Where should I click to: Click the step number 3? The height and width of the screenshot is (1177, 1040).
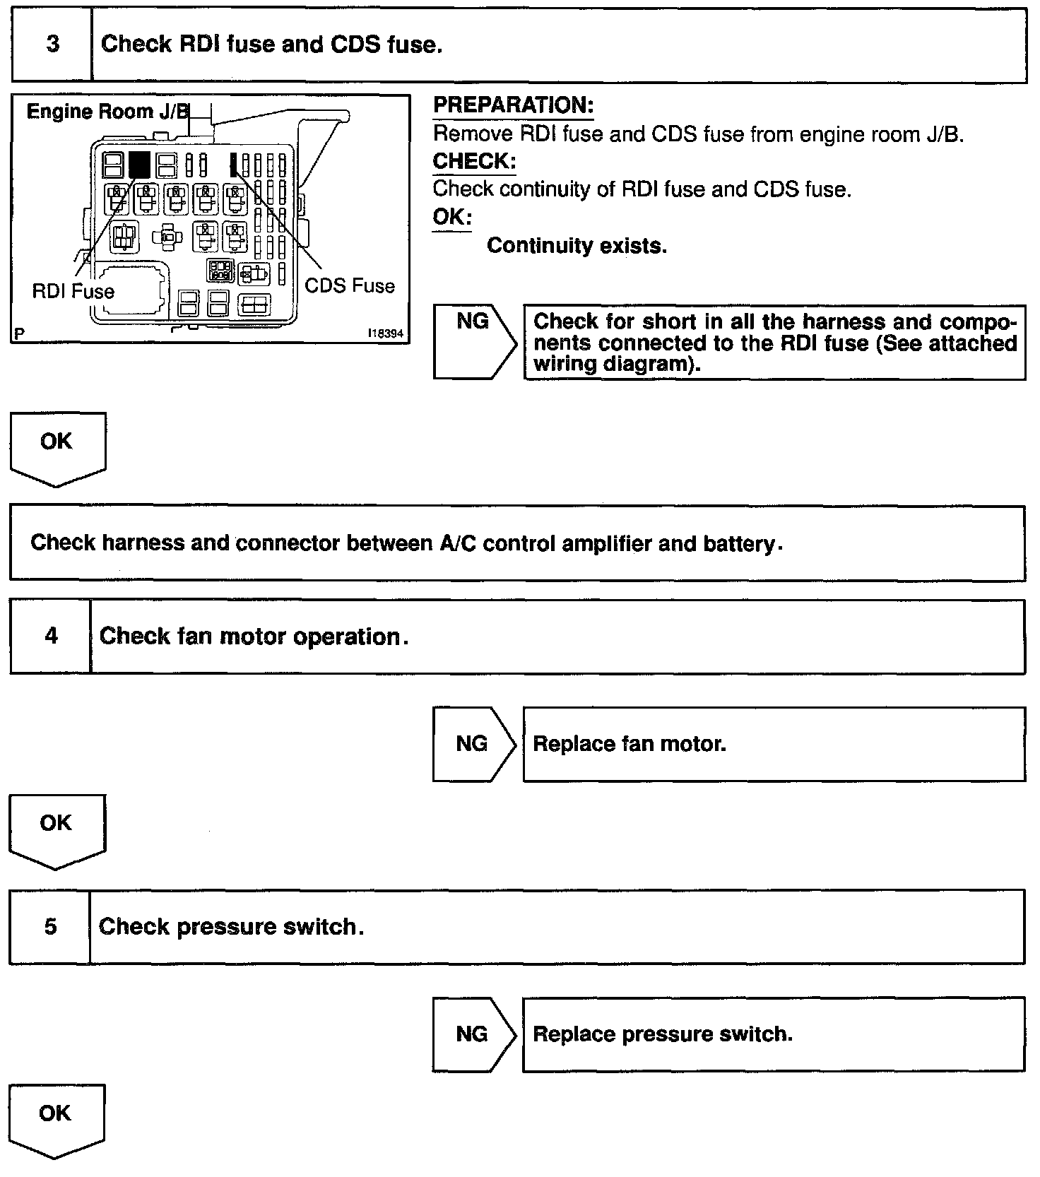tap(52, 45)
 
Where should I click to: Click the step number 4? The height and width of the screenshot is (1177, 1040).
tap(51, 636)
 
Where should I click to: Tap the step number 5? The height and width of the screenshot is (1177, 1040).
tap(50, 926)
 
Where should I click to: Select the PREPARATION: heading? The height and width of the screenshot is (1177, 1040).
tap(513, 105)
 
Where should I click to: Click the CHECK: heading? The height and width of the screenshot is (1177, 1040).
tap(474, 161)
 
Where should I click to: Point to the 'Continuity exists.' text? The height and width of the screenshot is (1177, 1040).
tap(577, 246)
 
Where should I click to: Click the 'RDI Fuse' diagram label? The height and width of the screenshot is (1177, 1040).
tap(73, 291)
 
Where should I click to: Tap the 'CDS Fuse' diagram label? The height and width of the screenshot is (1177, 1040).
tap(350, 285)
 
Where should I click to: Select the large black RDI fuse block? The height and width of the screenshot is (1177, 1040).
tap(139, 165)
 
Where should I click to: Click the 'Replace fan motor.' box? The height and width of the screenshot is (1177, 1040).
tap(774, 744)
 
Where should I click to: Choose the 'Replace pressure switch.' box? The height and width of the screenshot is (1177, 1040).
tap(774, 1034)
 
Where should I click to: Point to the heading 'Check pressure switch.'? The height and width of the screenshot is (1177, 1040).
tap(231, 926)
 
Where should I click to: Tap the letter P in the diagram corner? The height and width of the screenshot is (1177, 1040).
tap(17, 334)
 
